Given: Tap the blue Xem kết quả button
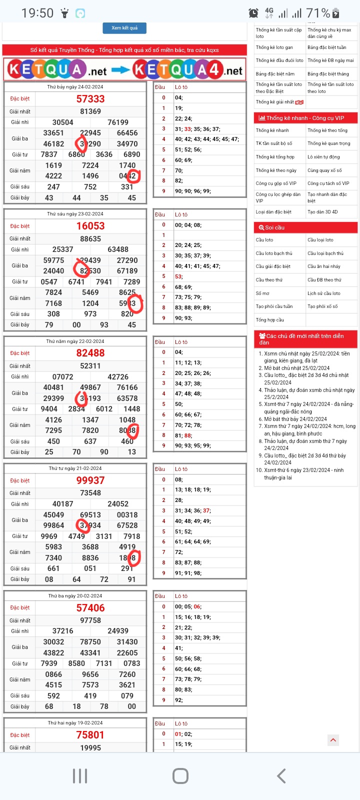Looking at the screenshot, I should tap(124, 28).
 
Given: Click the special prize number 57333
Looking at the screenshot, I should tap(90, 99).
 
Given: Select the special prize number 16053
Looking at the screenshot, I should tap(90, 226).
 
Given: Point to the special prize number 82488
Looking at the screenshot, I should tap(90, 353).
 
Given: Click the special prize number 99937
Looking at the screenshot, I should tap(90, 480).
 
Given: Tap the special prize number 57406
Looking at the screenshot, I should tap(90, 608).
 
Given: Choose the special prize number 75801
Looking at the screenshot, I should tap(90, 735).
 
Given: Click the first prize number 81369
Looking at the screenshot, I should tap(90, 111).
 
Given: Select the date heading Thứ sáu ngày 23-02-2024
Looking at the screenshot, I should tap(75, 214).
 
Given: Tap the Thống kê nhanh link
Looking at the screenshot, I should tap(272, 130).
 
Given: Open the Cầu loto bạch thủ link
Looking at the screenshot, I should tap(274, 253).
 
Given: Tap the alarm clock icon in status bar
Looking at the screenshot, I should tap(253, 13).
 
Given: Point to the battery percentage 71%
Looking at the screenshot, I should tap(318, 13).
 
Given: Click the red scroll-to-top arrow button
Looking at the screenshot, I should tap(333, 740).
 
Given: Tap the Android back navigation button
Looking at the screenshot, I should tap(281, 776).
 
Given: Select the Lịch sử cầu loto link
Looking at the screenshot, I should tap(324, 293).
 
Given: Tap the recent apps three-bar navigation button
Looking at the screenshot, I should tap(80, 776).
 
